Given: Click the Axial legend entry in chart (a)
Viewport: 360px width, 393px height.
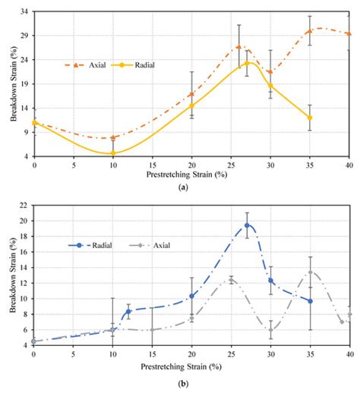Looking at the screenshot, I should coord(90,65).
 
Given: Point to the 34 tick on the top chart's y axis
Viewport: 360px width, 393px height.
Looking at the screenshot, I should coord(24,12).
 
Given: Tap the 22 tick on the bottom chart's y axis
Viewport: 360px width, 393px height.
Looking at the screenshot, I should coord(24,206).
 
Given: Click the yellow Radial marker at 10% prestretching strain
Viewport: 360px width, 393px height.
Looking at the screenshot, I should coord(113,153).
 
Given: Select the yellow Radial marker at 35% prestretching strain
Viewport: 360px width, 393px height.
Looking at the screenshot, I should coord(310,118).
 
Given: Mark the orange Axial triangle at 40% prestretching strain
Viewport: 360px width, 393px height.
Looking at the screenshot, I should coord(349,34).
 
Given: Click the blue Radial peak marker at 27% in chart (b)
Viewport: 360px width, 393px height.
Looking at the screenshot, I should coord(247,225).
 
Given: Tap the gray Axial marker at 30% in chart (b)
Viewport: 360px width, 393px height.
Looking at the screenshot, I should coord(270,330).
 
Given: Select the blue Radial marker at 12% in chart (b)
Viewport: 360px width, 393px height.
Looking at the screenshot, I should coord(128,311).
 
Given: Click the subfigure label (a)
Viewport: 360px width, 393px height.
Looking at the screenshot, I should coord(191,185).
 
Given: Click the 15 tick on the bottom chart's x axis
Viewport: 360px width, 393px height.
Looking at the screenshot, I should coord(152,354).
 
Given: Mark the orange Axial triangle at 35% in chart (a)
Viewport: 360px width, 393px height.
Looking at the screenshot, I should coord(310,31).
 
